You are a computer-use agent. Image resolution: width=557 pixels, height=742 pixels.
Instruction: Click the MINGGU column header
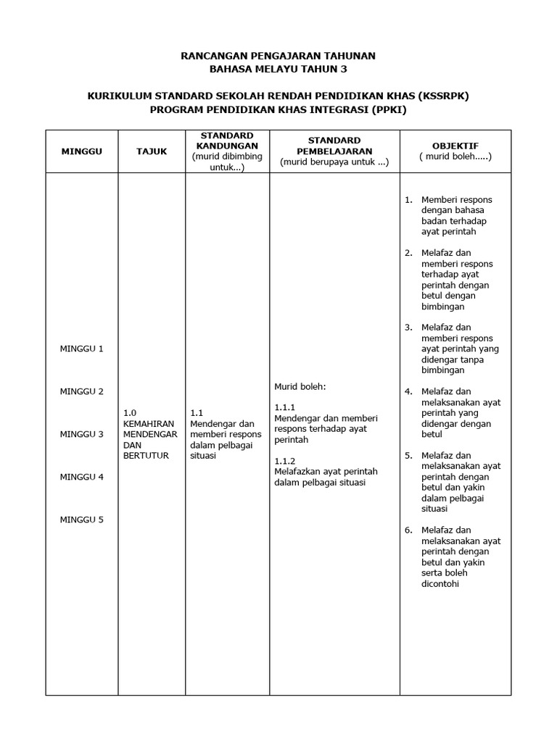81,151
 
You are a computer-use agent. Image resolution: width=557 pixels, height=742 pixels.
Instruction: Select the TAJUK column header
152,151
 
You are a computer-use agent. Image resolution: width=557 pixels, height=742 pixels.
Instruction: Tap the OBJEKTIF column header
455,146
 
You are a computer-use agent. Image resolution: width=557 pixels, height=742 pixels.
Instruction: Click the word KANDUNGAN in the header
227,146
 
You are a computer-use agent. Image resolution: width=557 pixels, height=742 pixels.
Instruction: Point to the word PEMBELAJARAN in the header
334,151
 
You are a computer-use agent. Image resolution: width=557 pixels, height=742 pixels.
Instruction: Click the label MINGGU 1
81,349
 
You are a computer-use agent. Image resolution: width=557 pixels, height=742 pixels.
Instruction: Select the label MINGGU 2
81,391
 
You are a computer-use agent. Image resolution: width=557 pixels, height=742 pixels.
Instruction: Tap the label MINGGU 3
81,434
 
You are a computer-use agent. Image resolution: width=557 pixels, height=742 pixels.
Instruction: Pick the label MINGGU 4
81,477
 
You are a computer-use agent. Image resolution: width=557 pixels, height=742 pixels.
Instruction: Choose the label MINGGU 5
81,520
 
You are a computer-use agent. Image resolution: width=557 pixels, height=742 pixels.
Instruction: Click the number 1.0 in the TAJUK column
130,412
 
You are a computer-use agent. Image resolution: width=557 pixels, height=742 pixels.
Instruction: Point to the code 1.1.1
285,407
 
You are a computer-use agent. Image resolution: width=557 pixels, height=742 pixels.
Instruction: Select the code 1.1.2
285,461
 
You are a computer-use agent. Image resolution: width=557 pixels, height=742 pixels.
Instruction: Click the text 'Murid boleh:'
300,386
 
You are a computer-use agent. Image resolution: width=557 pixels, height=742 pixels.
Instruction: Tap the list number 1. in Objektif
408,199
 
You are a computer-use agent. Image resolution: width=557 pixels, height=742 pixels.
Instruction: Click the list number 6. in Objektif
408,530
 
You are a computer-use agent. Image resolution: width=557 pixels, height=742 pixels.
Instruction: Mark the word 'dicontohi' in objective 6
440,584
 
